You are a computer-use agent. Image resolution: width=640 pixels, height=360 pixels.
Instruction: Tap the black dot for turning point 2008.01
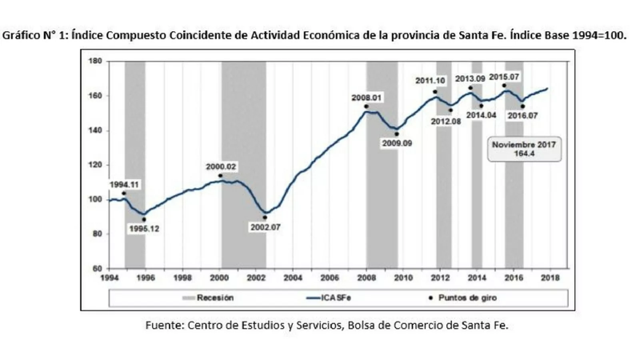[x=366, y=106]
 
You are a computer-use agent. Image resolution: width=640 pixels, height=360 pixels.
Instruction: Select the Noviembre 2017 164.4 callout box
[x=524, y=149]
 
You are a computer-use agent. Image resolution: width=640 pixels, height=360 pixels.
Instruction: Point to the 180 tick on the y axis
[x=97, y=61]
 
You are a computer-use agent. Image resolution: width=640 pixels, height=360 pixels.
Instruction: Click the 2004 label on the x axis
[x=293, y=278]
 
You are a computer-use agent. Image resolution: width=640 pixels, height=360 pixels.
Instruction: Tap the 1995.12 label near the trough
[x=144, y=229]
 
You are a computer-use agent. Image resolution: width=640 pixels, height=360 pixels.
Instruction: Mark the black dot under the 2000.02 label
[x=220, y=176]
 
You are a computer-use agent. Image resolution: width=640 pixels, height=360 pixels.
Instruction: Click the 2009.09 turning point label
[x=397, y=143]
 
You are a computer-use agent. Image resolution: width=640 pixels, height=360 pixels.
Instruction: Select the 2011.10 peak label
[x=430, y=81]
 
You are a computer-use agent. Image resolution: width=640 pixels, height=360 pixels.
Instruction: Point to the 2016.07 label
[x=523, y=116]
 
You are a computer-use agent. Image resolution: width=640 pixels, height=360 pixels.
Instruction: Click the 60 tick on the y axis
[x=98, y=268]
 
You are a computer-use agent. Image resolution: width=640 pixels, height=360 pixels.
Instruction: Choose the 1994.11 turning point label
[x=124, y=185]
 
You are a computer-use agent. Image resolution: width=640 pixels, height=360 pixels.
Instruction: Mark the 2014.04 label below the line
[x=481, y=115]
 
